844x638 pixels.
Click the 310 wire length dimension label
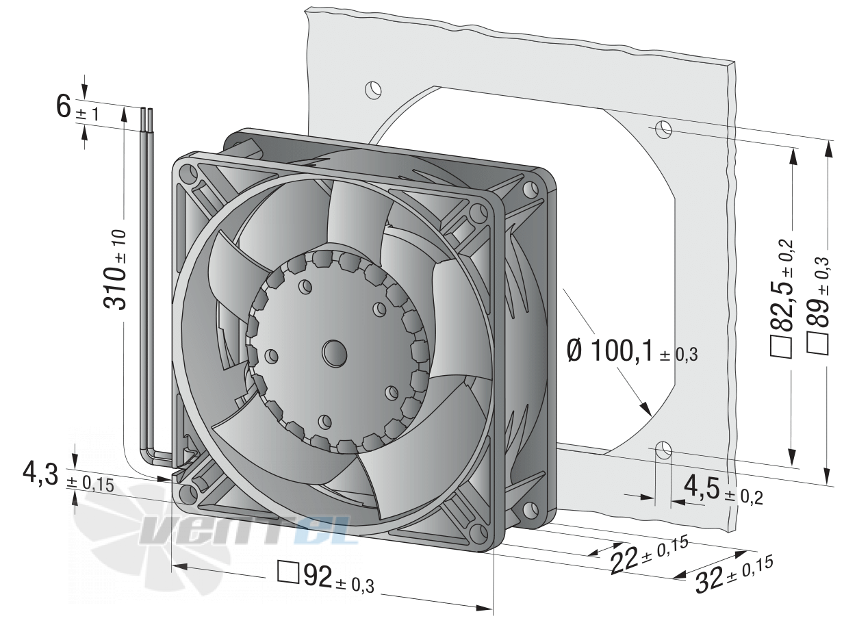point(114,270)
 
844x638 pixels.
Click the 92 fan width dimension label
point(326,578)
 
